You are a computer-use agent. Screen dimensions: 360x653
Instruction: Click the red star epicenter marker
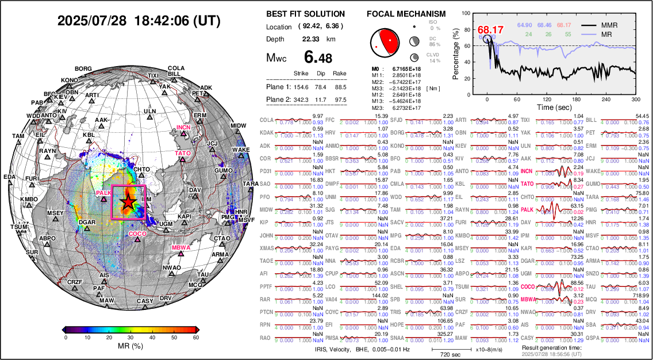[x=128, y=201]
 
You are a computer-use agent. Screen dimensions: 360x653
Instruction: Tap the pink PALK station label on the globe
[x=104, y=193]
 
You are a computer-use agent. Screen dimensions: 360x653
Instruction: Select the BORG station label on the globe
[x=83, y=69]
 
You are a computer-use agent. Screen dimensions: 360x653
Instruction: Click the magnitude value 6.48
[x=318, y=58]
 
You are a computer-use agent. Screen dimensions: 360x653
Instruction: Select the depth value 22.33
[x=311, y=39]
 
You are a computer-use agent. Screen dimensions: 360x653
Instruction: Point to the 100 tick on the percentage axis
[x=465, y=12]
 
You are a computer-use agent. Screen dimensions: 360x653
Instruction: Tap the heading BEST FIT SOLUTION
[x=306, y=14]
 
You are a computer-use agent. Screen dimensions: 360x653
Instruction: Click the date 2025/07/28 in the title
[x=92, y=21]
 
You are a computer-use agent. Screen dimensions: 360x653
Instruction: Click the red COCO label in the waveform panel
[x=527, y=286]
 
